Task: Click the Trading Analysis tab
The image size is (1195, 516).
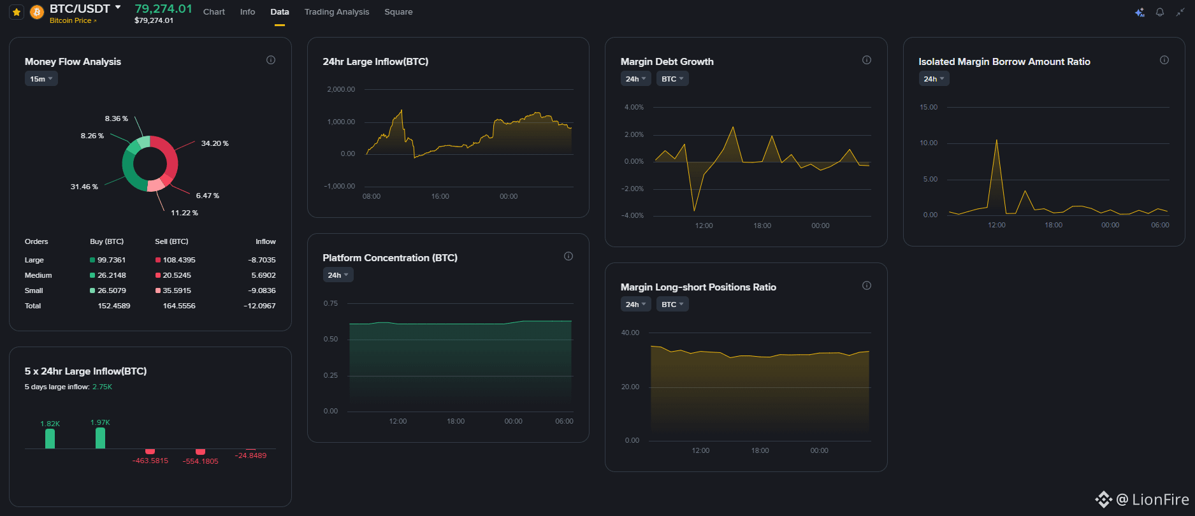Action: click(x=337, y=12)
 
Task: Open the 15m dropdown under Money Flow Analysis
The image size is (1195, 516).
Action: click(x=41, y=79)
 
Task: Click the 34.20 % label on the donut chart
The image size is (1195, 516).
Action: click(x=215, y=143)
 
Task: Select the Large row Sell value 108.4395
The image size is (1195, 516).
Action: click(x=179, y=260)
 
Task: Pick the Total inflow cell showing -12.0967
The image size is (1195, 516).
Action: click(x=259, y=306)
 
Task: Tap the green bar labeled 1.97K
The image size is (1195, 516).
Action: click(x=100, y=438)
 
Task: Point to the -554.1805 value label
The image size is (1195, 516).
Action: click(x=200, y=461)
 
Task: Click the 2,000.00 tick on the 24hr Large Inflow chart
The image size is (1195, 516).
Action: click(x=341, y=90)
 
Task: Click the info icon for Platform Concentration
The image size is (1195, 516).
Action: click(x=569, y=256)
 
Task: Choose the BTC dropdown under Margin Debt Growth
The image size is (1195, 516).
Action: click(x=672, y=79)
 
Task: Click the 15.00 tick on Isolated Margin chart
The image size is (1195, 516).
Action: click(x=929, y=107)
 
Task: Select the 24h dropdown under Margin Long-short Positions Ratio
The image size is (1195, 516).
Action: click(x=635, y=305)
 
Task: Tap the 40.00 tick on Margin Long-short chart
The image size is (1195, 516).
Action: click(x=630, y=333)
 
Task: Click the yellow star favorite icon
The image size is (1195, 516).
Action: click(x=17, y=12)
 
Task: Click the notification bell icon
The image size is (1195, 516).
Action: click(x=1160, y=12)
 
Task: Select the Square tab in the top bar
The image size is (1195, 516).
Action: click(x=398, y=12)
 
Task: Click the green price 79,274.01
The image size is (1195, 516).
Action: click(x=163, y=8)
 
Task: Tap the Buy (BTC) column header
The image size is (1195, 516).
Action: click(x=107, y=241)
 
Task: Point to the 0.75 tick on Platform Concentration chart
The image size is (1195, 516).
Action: click(x=331, y=304)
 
